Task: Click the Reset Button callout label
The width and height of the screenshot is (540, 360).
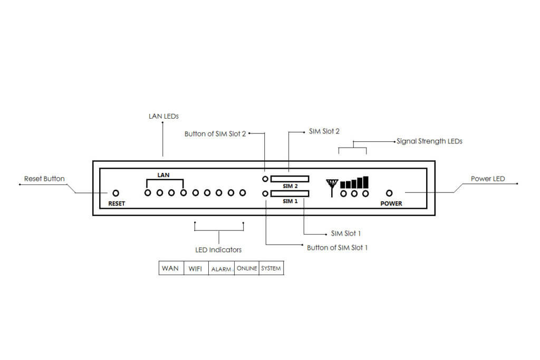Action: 44,179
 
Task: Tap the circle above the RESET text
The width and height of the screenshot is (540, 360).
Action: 116,193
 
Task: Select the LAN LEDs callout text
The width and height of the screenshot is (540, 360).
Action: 163,115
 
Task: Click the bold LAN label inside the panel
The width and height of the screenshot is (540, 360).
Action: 163,175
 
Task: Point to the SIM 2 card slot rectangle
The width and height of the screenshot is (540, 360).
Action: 290,179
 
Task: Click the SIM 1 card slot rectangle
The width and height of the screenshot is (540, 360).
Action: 290,194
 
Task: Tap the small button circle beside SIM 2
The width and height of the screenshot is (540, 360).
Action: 265,179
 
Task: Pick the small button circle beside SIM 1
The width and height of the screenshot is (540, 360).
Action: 265,194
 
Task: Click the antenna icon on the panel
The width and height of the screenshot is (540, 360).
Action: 332,186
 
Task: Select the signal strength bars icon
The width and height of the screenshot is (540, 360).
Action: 354,183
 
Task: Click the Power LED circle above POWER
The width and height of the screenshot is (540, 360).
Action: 390,193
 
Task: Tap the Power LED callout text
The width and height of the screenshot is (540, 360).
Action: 487,179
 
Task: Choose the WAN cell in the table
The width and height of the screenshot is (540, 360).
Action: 170,268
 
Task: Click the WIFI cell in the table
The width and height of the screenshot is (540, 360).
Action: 195,268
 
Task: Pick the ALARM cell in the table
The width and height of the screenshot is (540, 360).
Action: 221,269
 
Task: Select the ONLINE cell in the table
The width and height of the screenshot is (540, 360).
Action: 247,268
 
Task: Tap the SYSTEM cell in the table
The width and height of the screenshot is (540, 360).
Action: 271,268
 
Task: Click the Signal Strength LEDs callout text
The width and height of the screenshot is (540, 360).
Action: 429,141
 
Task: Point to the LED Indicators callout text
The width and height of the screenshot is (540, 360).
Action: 218,249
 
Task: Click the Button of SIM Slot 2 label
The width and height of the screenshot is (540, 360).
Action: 215,134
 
